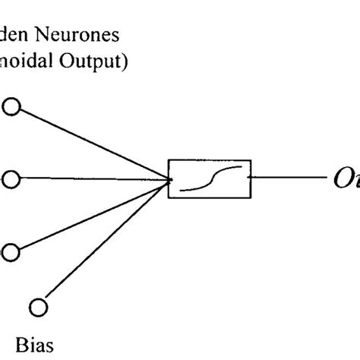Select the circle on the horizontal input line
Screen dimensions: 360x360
11,179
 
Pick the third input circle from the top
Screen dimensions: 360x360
11,251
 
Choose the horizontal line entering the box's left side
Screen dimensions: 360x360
91,179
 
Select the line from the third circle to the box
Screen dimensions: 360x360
91,216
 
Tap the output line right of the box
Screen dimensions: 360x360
289,179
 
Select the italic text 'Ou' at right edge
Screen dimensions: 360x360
346,180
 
